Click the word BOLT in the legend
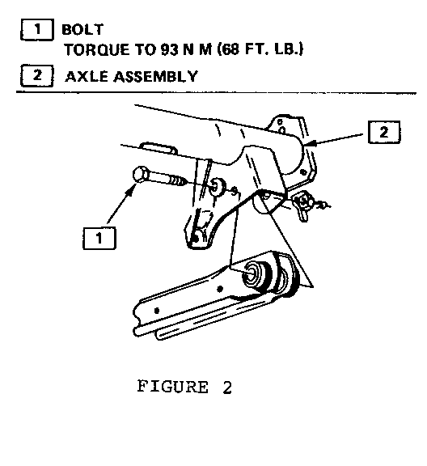point(82,29)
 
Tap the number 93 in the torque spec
point(170,49)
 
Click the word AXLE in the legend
point(87,77)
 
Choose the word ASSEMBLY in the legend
point(156,77)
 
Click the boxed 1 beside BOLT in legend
point(37,29)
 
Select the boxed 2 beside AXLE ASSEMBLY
point(37,75)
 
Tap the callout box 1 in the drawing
point(99,238)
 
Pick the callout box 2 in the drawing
point(384,132)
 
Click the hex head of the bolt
point(140,176)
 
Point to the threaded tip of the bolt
point(180,180)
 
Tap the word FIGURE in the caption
point(172,387)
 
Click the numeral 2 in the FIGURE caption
point(227,388)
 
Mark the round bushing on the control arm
point(255,275)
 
